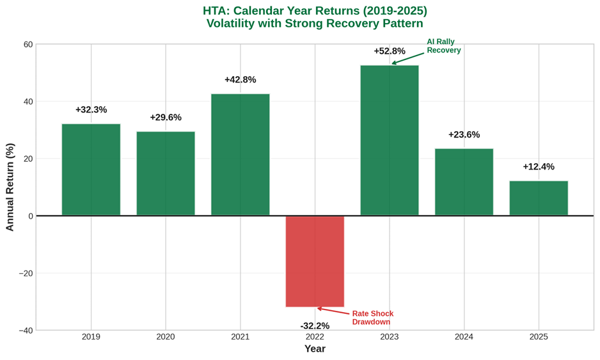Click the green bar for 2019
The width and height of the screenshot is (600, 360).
(91, 169)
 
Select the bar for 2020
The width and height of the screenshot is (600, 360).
(166, 173)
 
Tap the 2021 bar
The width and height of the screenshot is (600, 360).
(241, 155)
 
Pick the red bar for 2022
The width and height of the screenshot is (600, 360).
(315, 261)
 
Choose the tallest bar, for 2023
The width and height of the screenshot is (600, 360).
(390, 140)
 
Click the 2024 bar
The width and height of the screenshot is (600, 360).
(464, 182)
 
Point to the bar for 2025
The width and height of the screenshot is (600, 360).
(539, 198)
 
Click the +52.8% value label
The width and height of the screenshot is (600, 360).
(390, 51)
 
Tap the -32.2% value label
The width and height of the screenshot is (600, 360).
(315, 325)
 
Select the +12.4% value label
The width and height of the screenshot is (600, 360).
(539, 167)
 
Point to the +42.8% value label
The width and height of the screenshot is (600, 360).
(241, 80)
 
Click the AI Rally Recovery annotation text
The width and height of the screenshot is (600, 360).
(443, 46)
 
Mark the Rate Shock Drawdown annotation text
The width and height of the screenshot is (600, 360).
(372, 318)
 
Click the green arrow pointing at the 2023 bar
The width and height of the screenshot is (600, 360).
(407, 59)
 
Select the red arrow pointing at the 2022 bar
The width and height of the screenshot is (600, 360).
(333, 311)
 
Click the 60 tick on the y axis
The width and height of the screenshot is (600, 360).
(28, 45)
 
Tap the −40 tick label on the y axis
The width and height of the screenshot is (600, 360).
(25, 331)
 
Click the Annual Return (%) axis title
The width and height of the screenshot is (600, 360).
(10, 187)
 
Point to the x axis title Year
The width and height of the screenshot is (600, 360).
(315, 349)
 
